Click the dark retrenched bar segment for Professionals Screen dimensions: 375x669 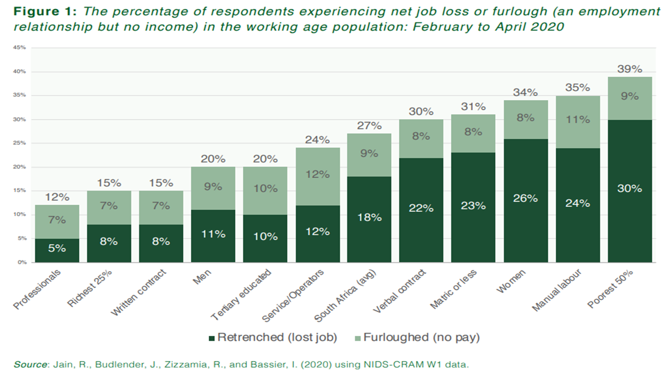57,250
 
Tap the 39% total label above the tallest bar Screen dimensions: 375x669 629,69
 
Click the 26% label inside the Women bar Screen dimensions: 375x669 525,198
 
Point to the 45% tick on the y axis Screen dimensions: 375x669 20,48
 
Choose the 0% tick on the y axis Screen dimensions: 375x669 21,262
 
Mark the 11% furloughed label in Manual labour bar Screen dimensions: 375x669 578,119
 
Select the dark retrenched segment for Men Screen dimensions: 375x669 213,237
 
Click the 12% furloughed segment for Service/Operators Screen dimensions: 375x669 318,175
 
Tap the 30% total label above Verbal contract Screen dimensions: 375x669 421,112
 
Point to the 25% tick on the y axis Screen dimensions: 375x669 20,143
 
